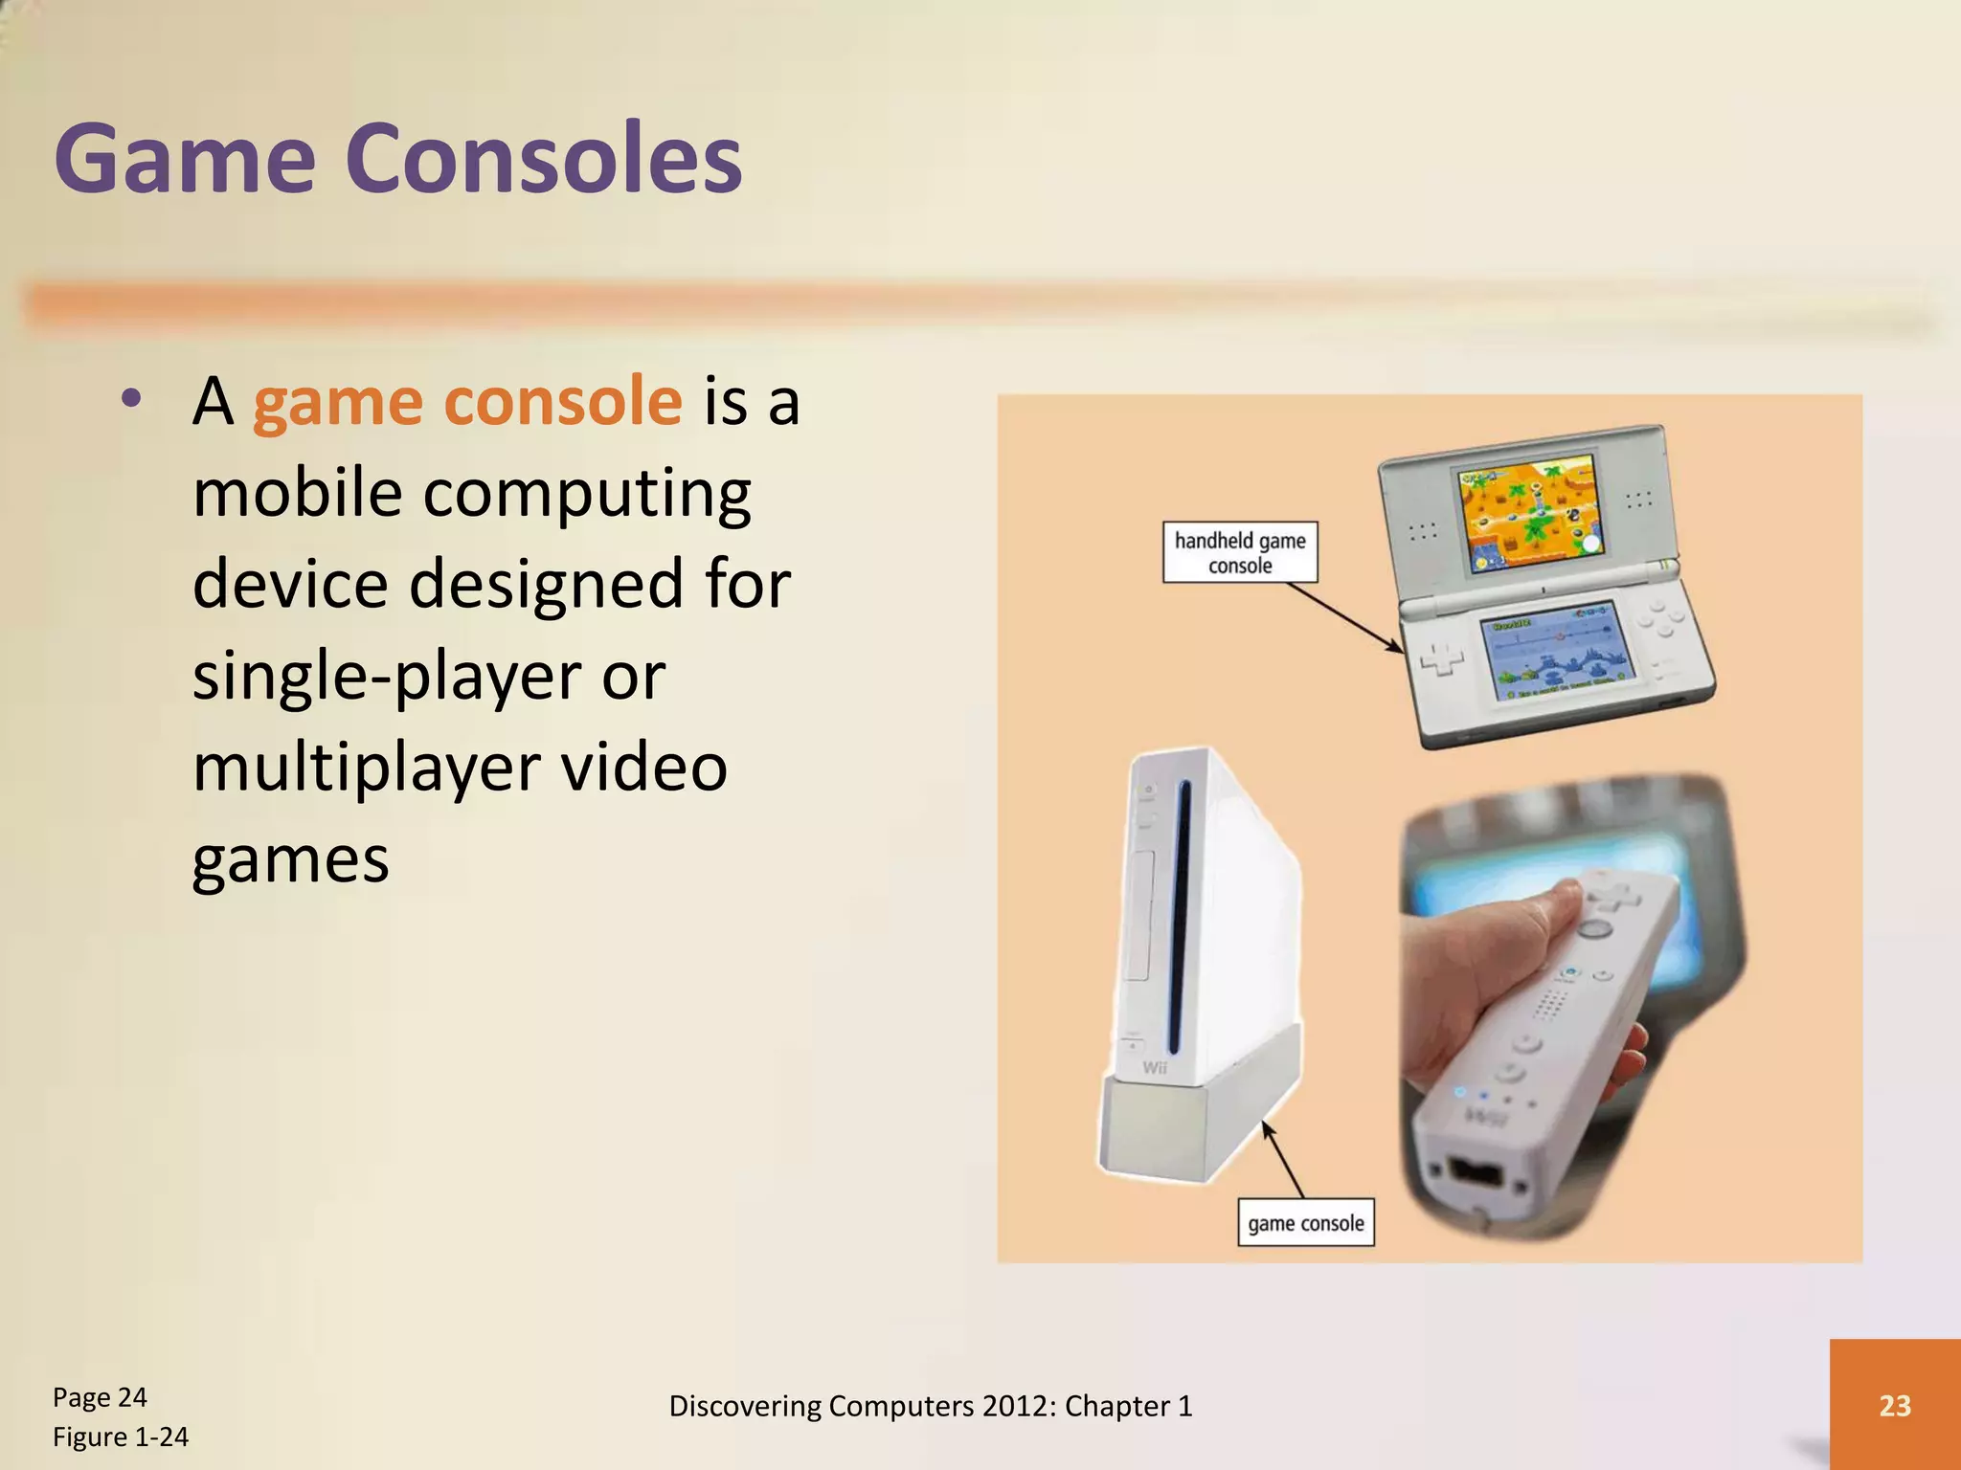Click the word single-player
(x=387, y=677)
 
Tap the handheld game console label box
(x=1240, y=552)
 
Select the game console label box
(x=1305, y=1222)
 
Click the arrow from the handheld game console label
(x=1345, y=617)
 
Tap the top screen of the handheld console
(x=1528, y=515)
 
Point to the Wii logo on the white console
(x=1155, y=1068)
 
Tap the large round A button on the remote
(x=1593, y=927)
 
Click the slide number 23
(x=1894, y=1405)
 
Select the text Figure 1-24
(x=121, y=1437)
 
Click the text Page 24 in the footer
(x=100, y=1397)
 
